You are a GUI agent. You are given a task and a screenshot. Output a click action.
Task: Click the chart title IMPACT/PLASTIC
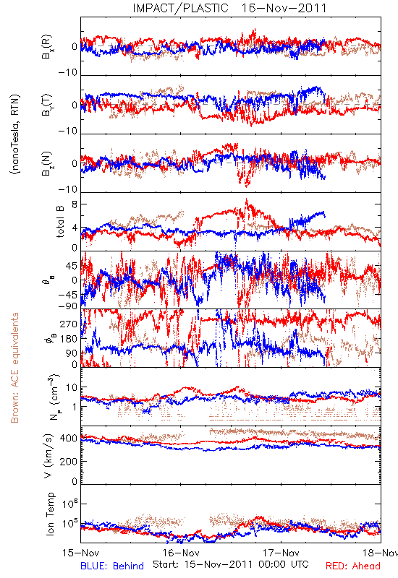pos(180,8)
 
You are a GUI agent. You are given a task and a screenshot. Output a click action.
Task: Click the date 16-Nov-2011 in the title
pos(284,8)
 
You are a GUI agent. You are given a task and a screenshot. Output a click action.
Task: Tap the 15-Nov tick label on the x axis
pos(81,553)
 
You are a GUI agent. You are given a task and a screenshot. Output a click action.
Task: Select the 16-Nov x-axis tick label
pos(181,553)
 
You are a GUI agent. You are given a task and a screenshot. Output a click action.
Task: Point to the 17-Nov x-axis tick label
pos(281,553)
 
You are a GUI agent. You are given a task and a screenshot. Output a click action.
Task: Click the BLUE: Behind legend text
pos(112,566)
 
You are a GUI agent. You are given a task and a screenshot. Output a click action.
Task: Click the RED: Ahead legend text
pos(352,566)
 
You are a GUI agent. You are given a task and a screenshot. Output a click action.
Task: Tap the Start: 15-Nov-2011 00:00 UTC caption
pos(230,564)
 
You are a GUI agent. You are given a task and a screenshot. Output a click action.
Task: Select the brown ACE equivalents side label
pos(14,368)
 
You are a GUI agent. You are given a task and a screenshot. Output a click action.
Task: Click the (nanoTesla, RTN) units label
pos(15,134)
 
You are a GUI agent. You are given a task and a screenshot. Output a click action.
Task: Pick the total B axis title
pos(60,221)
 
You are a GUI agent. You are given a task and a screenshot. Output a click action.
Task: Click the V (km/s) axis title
pos(48,456)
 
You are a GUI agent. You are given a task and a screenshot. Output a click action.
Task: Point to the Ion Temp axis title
pos(50,514)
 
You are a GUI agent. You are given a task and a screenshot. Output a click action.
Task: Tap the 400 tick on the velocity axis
pos(69,439)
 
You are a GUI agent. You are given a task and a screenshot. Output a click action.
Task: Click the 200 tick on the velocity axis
pos(69,461)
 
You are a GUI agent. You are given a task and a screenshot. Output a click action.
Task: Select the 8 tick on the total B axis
pos(75,204)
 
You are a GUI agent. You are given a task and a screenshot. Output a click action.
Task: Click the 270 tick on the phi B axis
pos(69,324)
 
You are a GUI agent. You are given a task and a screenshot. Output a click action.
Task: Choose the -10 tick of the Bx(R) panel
pos(67,72)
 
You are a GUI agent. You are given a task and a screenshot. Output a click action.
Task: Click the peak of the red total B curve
pos(247,199)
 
